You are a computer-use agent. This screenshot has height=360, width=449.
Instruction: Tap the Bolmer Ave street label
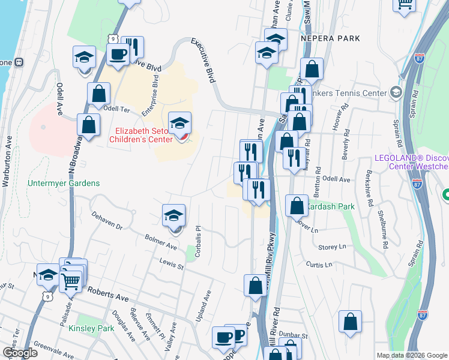tap(161, 242)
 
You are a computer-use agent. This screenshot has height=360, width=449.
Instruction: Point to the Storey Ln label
tap(333, 247)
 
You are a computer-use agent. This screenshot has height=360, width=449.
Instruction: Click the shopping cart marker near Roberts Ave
tap(71, 279)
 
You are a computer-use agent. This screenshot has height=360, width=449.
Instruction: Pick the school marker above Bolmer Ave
tap(173, 216)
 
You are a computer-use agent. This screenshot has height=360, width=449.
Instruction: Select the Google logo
tap(20, 353)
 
